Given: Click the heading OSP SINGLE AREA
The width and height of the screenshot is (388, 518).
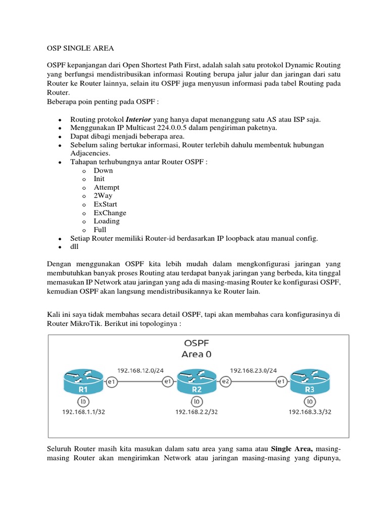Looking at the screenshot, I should (x=80, y=48).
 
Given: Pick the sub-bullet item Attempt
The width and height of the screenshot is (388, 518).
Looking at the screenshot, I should (x=107, y=187).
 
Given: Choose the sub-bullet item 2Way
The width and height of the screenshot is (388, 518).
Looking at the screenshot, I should (x=103, y=196).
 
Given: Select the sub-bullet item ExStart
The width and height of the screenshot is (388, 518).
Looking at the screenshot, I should (x=105, y=204).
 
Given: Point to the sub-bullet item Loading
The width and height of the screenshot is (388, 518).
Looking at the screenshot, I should (x=107, y=221).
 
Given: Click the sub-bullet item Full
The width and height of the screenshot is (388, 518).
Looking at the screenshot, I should (x=100, y=230).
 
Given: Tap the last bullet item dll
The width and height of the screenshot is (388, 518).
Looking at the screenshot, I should (x=75, y=247).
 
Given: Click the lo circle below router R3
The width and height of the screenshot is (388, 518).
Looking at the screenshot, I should (x=310, y=402).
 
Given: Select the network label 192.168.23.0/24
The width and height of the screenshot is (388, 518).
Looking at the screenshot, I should (x=254, y=370).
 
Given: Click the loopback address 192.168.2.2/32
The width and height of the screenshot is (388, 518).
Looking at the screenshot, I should (x=197, y=412).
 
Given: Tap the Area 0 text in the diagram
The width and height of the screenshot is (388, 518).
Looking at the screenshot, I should (x=197, y=354).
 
